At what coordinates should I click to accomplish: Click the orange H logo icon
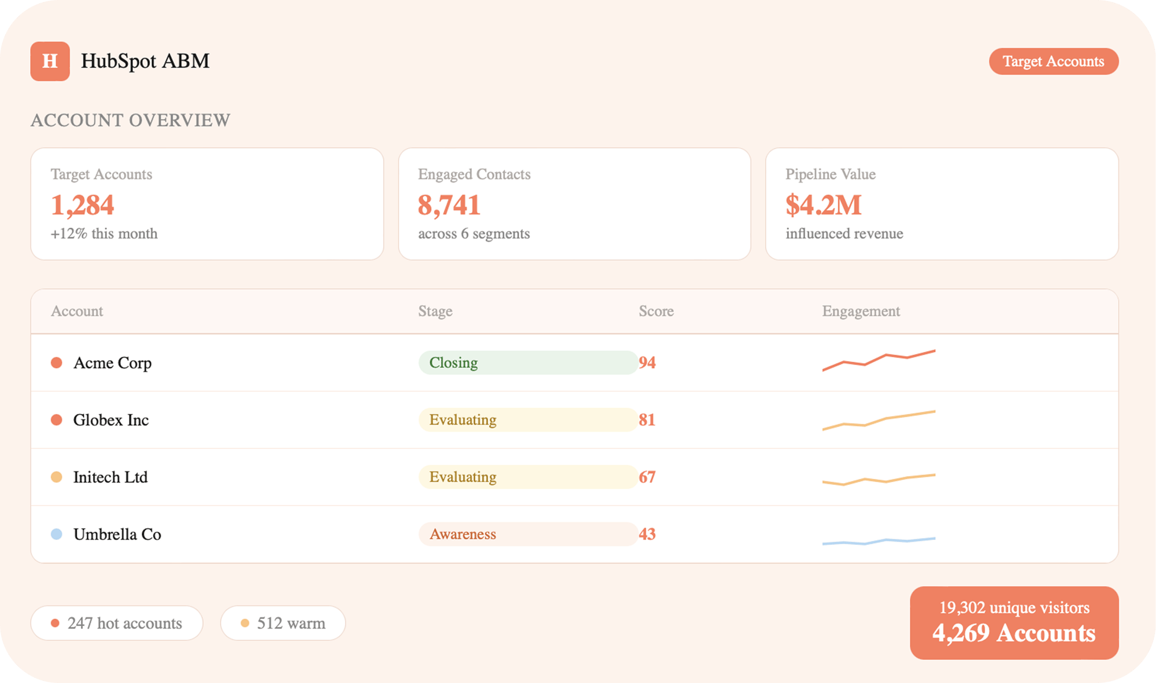50,61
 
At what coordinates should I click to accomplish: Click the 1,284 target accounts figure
83,205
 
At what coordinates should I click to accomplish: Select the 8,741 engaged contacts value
449,205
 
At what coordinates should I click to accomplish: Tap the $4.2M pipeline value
823,205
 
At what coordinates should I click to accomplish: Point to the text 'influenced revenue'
844,233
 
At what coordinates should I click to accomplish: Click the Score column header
656,311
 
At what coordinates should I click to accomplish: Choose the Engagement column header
861,311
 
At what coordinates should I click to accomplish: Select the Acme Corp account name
112,363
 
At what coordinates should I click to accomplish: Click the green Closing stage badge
528,363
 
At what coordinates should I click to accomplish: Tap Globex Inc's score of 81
647,420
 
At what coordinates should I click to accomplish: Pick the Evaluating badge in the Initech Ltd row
528,477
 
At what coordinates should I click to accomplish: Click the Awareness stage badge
528,534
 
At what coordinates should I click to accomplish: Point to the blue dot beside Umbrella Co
57,534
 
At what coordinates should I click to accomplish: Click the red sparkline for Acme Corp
879,361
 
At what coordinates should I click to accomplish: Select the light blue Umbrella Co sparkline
879,541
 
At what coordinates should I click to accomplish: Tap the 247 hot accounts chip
117,623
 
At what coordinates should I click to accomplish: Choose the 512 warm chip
283,623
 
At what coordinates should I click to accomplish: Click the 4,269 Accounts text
1014,633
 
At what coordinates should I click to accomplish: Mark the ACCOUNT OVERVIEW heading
131,120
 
